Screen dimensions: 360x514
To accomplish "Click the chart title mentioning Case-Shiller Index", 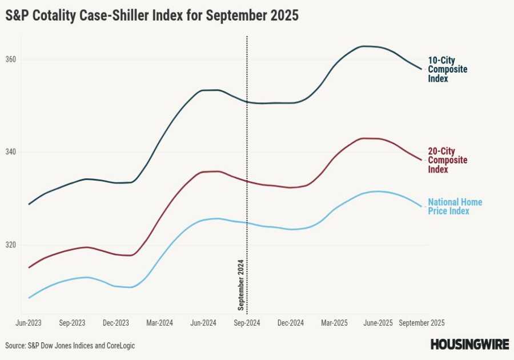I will [x=152, y=15].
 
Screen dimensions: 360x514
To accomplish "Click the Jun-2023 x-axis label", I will [x=29, y=323].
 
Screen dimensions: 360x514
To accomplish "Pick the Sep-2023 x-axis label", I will [x=72, y=323].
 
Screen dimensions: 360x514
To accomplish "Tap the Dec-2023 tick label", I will [x=116, y=323].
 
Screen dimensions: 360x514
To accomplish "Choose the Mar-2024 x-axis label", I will [x=159, y=323].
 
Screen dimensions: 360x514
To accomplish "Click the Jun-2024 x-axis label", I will [x=203, y=323].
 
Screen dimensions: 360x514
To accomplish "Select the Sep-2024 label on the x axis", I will [x=247, y=323].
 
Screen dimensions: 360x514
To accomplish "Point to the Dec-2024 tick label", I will [x=290, y=323].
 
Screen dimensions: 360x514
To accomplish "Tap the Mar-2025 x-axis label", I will [x=334, y=323].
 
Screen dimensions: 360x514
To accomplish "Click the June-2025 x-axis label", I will [x=378, y=323].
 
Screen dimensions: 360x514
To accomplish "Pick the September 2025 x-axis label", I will [x=421, y=323].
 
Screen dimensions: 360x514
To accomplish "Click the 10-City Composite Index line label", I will [x=447, y=70].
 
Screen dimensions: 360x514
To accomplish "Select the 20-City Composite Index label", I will [x=447, y=161].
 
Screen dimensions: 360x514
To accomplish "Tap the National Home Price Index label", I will [x=455, y=206].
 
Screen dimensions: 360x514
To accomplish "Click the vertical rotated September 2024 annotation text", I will [x=240, y=284].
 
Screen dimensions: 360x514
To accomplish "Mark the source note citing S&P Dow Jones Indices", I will [x=70, y=346].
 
